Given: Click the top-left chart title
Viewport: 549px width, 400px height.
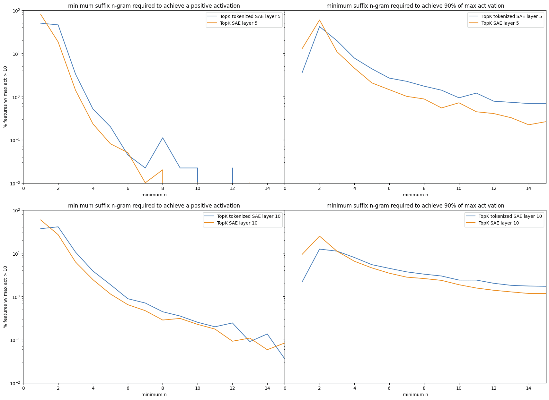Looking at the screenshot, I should (154, 6).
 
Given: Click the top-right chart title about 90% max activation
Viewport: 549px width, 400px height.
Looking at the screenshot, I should (415, 6).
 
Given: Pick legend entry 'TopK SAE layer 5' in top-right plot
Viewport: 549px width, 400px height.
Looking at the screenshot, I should (500, 23).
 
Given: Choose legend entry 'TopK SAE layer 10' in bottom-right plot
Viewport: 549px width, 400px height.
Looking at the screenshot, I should (499, 223).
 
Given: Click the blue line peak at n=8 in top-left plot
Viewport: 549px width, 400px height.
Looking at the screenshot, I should (163, 138).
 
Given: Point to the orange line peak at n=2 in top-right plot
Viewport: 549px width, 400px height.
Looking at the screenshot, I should (319, 20).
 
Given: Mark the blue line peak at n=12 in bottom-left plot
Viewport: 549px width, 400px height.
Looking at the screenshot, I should (232, 323).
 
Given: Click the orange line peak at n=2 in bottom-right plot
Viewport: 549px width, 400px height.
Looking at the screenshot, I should (319, 236).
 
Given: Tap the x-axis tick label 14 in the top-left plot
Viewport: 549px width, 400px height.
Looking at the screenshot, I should (267, 188).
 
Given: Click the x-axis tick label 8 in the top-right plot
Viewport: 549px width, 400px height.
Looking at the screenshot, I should (424, 188).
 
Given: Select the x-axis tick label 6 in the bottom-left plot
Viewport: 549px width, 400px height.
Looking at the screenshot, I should (128, 388).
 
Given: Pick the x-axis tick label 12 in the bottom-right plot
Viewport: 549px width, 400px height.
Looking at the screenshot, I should (494, 388).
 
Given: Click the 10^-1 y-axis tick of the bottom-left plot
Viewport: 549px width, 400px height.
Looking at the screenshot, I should (16, 340).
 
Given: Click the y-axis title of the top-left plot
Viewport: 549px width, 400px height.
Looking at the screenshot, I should (5, 97).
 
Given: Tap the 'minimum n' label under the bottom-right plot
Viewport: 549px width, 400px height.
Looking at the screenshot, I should (415, 395).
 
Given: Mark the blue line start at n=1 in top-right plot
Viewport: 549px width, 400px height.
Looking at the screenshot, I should (302, 73).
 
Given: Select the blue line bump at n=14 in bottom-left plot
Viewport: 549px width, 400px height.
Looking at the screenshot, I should (267, 334).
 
